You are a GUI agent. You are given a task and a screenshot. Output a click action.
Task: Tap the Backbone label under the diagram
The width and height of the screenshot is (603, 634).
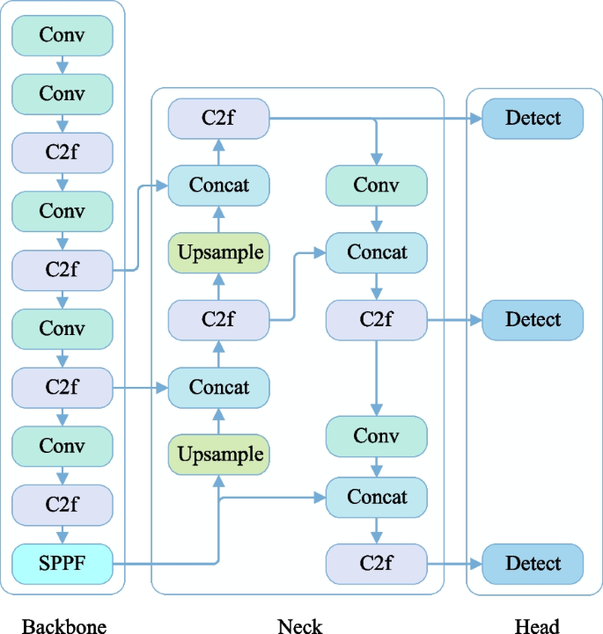pyautogui.click(x=63, y=625)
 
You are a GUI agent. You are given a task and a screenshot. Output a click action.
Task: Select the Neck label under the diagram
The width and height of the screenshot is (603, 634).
pyautogui.click(x=299, y=625)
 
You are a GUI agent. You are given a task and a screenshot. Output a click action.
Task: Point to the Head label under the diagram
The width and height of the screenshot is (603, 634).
pyautogui.click(x=536, y=625)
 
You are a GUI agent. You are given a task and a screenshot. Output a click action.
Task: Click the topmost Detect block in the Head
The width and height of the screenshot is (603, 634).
pyautogui.click(x=533, y=118)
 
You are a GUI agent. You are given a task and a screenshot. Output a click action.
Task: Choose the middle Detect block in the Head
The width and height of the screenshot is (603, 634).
pyautogui.click(x=533, y=320)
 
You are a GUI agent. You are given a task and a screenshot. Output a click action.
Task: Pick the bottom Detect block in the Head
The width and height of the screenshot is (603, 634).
pyautogui.click(x=533, y=564)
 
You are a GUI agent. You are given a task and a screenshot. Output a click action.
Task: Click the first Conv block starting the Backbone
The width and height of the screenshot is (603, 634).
pyautogui.click(x=63, y=35)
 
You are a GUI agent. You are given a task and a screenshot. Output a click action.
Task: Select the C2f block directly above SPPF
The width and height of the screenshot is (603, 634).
pyautogui.click(x=63, y=505)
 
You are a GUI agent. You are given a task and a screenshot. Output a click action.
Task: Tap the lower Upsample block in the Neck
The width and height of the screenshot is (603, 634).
pyautogui.click(x=219, y=455)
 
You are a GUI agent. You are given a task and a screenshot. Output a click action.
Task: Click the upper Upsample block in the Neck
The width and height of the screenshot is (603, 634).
pyautogui.click(x=219, y=253)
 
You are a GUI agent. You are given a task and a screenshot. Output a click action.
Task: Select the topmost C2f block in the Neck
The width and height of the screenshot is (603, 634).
pyautogui.click(x=219, y=118)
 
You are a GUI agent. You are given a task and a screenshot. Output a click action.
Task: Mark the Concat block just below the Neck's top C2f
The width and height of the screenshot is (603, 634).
pyautogui.click(x=219, y=186)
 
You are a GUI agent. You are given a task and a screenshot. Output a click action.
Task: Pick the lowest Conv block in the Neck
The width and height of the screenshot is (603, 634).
pyautogui.click(x=377, y=436)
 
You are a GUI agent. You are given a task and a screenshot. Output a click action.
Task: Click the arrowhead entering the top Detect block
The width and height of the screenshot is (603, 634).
pyautogui.click(x=475, y=118)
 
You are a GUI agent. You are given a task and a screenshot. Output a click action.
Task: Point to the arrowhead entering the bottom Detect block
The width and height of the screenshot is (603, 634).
pyautogui.click(x=475, y=564)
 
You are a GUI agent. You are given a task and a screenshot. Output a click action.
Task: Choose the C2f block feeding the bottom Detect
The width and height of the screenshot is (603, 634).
pyautogui.click(x=377, y=564)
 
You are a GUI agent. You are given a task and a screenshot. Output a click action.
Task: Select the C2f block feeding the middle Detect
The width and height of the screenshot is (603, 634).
pyautogui.click(x=377, y=320)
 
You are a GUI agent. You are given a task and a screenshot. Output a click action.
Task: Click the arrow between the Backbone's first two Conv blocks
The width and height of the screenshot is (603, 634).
pyautogui.click(x=63, y=65)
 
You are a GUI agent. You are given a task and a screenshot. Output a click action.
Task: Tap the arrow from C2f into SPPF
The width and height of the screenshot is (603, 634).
pyautogui.click(x=63, y=534)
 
